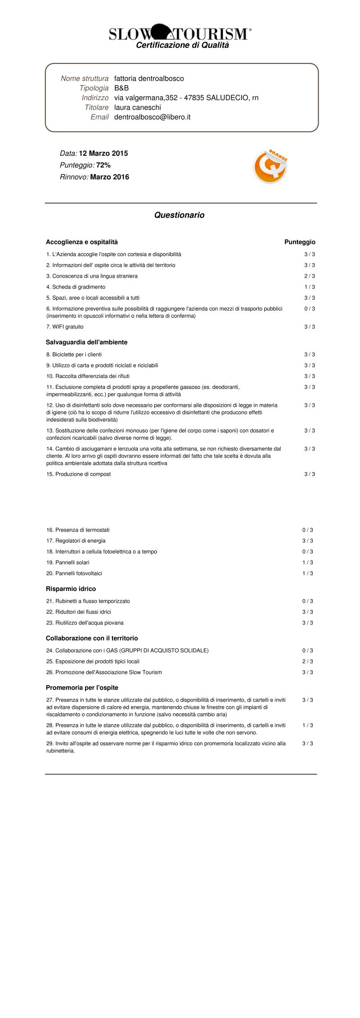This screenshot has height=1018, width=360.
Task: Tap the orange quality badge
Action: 270,167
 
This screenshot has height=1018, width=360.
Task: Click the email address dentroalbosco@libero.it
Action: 152,117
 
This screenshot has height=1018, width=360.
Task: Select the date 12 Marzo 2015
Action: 103,153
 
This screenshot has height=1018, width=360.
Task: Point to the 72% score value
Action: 103,165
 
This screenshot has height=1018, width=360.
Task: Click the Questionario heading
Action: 179,215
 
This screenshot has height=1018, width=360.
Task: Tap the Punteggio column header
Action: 300,242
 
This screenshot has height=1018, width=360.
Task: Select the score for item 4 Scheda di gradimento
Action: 309,287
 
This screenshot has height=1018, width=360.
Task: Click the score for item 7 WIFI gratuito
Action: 309,327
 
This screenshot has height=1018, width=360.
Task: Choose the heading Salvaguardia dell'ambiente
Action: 86,342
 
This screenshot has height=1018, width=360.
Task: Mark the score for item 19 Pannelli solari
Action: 307,563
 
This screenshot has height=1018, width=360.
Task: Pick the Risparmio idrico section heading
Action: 71,589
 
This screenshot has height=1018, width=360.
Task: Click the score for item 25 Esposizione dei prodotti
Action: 307,662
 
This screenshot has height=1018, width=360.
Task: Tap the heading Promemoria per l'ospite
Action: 82,688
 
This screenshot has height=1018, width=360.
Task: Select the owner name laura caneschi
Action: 137,108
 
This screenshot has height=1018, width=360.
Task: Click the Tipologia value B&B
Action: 121,88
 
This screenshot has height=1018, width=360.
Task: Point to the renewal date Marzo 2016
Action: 109,177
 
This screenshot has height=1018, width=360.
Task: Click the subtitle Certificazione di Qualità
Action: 182,45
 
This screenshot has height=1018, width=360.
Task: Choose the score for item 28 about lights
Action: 307,725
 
